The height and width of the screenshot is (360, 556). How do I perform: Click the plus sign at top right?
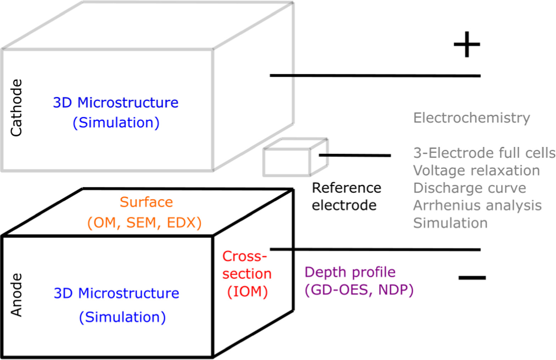(467, 45)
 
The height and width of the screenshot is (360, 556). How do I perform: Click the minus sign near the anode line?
(472, 278)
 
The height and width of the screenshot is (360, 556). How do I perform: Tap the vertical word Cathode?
(16, 107)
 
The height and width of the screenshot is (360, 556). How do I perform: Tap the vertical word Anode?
(16, 295)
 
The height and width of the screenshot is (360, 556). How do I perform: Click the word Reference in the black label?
(346, 188)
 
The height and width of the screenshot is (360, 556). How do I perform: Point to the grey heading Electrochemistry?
(471, 118)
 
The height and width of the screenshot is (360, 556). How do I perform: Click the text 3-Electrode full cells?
(484, 153)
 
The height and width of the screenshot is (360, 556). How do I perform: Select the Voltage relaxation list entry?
(476, 171)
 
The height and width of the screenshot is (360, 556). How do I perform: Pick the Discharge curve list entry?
(469, 188)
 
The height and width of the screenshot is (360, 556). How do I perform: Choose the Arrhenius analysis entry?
(477, 205)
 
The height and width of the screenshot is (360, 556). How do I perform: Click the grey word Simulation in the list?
(450, 223)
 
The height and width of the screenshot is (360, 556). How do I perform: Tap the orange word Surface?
(146, 202)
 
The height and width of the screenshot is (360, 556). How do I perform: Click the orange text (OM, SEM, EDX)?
(144, 223)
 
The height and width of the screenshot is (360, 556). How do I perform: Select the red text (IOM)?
(248, 292)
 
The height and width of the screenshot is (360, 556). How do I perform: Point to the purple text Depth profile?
(350, 272)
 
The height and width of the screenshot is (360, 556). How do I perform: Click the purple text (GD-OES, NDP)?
(359, 290)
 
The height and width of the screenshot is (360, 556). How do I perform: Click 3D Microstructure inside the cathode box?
(116, 103)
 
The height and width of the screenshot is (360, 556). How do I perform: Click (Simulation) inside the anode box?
(122, 317)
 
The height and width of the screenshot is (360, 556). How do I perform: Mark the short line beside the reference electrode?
(355, 155)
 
